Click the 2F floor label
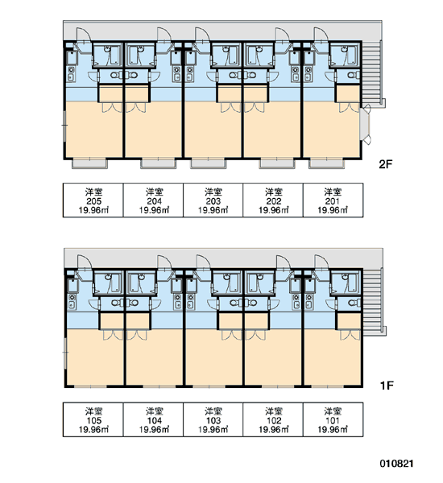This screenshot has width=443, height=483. [385, 164]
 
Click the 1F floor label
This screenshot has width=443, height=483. [387, 386]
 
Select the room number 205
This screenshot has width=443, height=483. [93, 201]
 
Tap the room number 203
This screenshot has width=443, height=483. [213, 201]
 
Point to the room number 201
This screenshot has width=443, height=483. [333, 201]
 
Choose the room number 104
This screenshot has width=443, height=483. [154, 420]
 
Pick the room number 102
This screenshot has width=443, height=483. [274, 420]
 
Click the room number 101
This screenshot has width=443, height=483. [333, 420]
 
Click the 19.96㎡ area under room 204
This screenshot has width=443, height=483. [154, 210]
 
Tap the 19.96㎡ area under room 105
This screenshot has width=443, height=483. [93, 429]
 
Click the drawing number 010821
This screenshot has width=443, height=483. [396, 464]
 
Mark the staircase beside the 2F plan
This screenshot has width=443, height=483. [371, 72]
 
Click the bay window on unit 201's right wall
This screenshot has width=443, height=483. [366, 126]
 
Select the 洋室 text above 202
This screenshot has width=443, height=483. [274, 192]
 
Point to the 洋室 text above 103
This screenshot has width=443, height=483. [213, 411]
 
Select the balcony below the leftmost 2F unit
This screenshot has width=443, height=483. [89, 163]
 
